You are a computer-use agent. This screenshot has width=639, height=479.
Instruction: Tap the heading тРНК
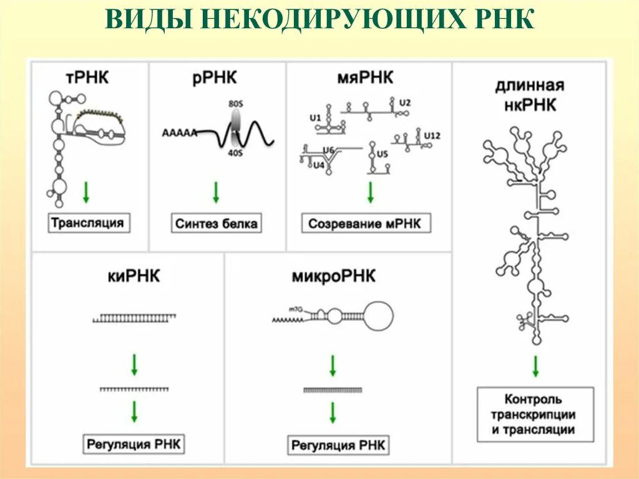tap(87, 79)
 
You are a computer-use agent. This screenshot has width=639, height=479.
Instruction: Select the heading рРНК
tap(215, 79)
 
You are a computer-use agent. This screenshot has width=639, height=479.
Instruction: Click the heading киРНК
tap(134, 275)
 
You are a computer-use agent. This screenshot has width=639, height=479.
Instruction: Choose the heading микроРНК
tap(334, 275)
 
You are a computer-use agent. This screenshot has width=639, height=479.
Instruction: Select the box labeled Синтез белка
tap(216, 223)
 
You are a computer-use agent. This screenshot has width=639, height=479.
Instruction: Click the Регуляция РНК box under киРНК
tap(134, 444)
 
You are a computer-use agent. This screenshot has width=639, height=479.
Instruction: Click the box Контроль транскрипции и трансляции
tap(535, 414)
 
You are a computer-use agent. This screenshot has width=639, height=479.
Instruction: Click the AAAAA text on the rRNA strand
tap(179, 132)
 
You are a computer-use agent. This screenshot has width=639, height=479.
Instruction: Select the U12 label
tap(432, 136)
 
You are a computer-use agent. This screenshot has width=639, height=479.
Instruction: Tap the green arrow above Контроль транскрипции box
tap(535, 366)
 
